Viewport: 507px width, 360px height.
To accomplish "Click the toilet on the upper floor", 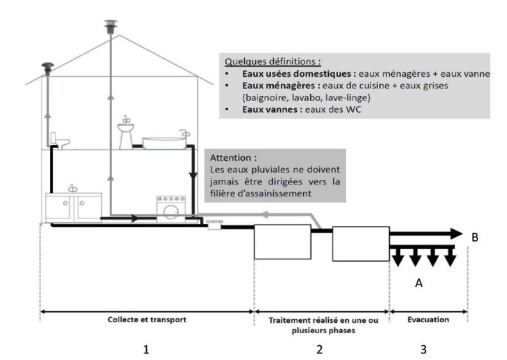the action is pos(60,141).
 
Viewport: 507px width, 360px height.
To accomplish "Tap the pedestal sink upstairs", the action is pos(126,133).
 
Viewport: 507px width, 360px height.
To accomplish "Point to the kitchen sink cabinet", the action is pos(74,207).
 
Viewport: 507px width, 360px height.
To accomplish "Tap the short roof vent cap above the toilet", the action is pos(47,69).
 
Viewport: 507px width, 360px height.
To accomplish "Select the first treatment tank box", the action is pos(283,241).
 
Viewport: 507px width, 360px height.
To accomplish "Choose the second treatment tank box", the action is pos(361,243).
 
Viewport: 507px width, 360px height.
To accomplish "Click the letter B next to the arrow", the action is pos(475,238).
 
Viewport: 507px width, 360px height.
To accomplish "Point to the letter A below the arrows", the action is pos(419,282).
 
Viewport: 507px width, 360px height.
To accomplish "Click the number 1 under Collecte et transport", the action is pos(146,349).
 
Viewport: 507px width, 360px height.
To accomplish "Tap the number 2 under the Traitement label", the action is pos(319,349).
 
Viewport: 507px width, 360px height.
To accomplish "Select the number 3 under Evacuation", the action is pos(423,349).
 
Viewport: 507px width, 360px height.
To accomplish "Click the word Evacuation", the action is pos(428,320).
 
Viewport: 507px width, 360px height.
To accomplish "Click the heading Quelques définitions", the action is pos(272,61).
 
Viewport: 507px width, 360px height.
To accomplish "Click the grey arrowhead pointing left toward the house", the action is pos(265,214).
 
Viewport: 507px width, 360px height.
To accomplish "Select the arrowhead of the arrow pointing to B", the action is pos(456,234).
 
